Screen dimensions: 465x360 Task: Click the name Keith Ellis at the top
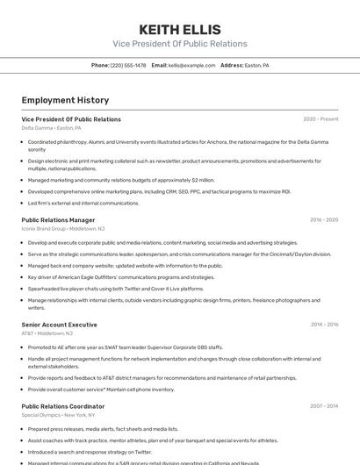tap(180, 29)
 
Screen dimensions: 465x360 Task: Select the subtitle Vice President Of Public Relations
tap(180, 44)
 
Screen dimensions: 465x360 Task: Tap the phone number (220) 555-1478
tap(119, 65)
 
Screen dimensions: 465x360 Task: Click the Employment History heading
tap(65, 100)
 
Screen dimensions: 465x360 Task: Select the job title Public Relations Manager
tap(58, 220)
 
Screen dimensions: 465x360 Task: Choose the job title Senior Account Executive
tap(59, 325)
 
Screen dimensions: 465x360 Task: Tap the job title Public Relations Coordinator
tap(62, 406)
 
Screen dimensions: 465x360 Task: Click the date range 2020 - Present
tap(320, 119)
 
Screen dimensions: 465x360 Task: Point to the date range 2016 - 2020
tap(324, 220)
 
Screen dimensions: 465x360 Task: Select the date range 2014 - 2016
tap(324, 325)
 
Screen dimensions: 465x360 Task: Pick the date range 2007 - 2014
tap(324, 406)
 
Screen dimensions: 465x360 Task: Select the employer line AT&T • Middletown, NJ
tap(47, 333)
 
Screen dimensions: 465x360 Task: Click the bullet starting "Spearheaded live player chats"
tap(115, 289)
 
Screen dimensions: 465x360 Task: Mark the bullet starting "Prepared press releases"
tap(103, 429)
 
